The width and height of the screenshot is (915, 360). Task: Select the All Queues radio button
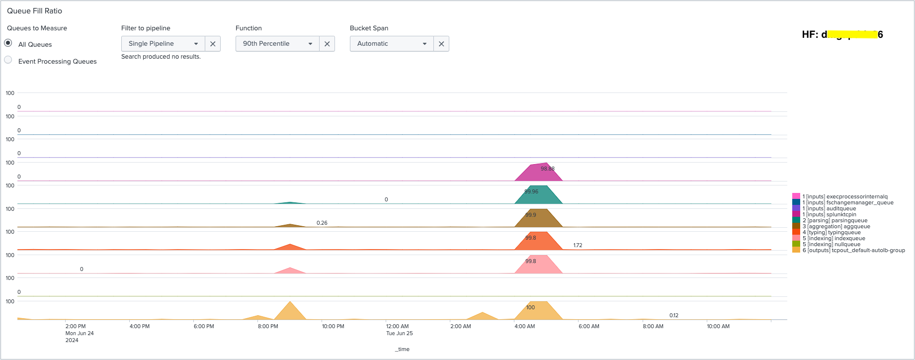point(8,43)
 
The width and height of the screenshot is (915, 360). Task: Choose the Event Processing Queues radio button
point(8,60)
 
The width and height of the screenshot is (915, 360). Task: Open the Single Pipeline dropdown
point(163,44)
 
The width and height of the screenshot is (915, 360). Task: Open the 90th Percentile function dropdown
point(277,44)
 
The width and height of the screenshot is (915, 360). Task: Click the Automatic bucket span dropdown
point(392,44)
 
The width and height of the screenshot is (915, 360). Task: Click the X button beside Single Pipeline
point(213,44)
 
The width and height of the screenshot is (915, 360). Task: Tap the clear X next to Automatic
point(441,44)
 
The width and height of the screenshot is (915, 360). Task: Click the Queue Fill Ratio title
point(34,11)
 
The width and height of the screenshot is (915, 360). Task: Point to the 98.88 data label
point(547,169)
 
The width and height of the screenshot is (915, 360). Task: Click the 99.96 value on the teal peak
point(531,191)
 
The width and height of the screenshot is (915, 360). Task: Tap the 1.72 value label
point(578,245)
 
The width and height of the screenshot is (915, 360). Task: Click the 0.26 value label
point(322,223)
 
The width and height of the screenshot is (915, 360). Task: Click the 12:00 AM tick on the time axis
point(397,327)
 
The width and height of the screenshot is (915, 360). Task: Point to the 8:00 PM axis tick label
point(268,327)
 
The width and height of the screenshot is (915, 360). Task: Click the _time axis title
point(403,349)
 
